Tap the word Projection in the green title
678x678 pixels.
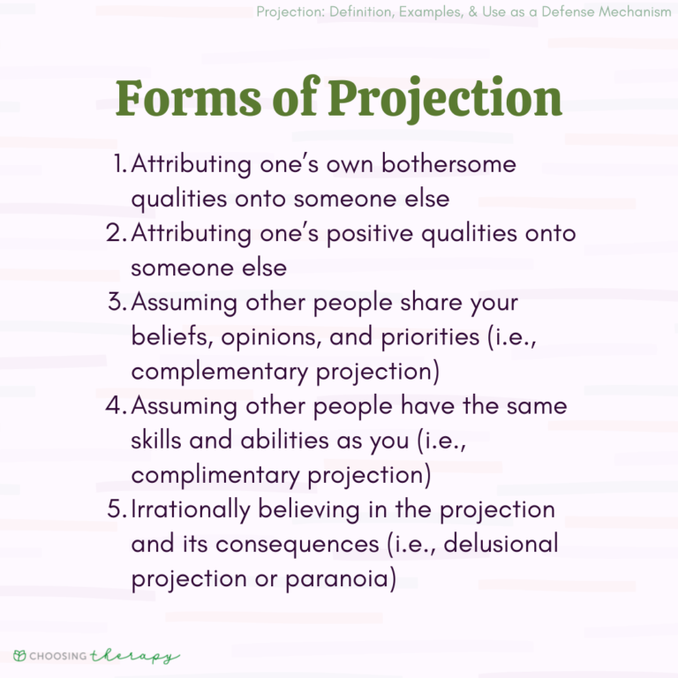click(445, 100)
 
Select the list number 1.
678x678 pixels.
click(121, 165)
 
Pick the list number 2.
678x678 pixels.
click(117, 234)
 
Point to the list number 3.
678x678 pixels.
click(117, 303)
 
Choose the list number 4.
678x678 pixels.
click(117, 407)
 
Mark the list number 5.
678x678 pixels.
click(118, 510)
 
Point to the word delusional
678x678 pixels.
click(501, 544)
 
